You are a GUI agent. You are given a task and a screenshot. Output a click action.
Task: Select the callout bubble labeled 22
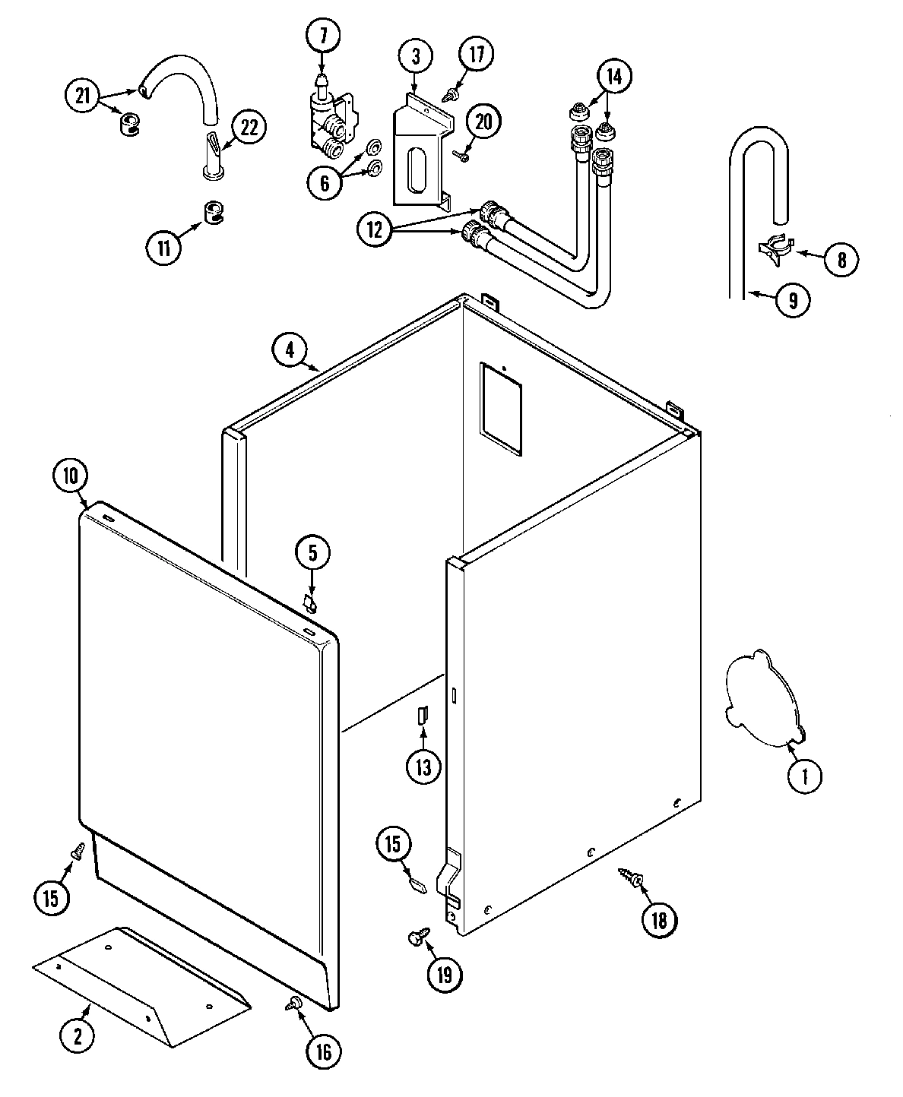[x=249, y=127]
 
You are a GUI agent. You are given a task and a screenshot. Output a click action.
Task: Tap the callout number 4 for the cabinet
[x=290, y=350]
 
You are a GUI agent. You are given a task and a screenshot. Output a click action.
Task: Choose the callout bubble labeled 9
[x=792, y=301]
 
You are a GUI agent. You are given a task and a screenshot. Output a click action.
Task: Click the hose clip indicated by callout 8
[x=776, y=250]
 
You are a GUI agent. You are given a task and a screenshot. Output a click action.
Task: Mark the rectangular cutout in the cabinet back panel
[x=501, y=409]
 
